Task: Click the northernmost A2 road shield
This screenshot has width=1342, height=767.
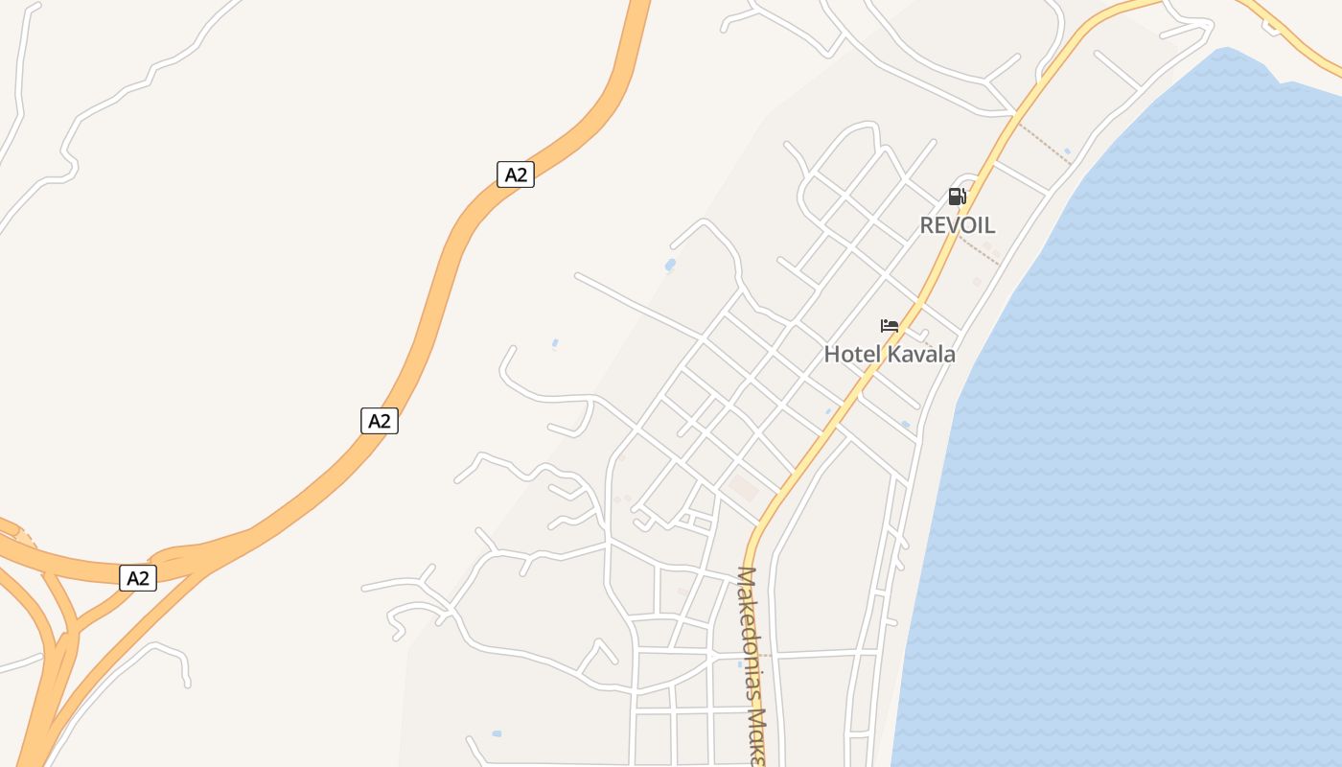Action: click(515, 174)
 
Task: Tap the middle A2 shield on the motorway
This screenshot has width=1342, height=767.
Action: click(380, 420)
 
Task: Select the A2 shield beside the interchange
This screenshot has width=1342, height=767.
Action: click(138, 577)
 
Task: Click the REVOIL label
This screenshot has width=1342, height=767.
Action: click(957, 225)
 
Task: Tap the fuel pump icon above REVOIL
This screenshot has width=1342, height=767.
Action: click(956, 197)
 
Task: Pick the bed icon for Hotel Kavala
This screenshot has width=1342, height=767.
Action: click(890, 326)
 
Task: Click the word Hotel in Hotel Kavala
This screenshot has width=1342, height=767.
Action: click(851, 354)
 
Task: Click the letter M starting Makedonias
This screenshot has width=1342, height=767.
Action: click(748, 577)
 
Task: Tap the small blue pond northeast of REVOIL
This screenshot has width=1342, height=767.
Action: click(1067, 151)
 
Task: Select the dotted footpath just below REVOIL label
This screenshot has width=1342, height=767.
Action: click(978, 250)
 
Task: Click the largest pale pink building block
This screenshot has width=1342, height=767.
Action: click(743, 489)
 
